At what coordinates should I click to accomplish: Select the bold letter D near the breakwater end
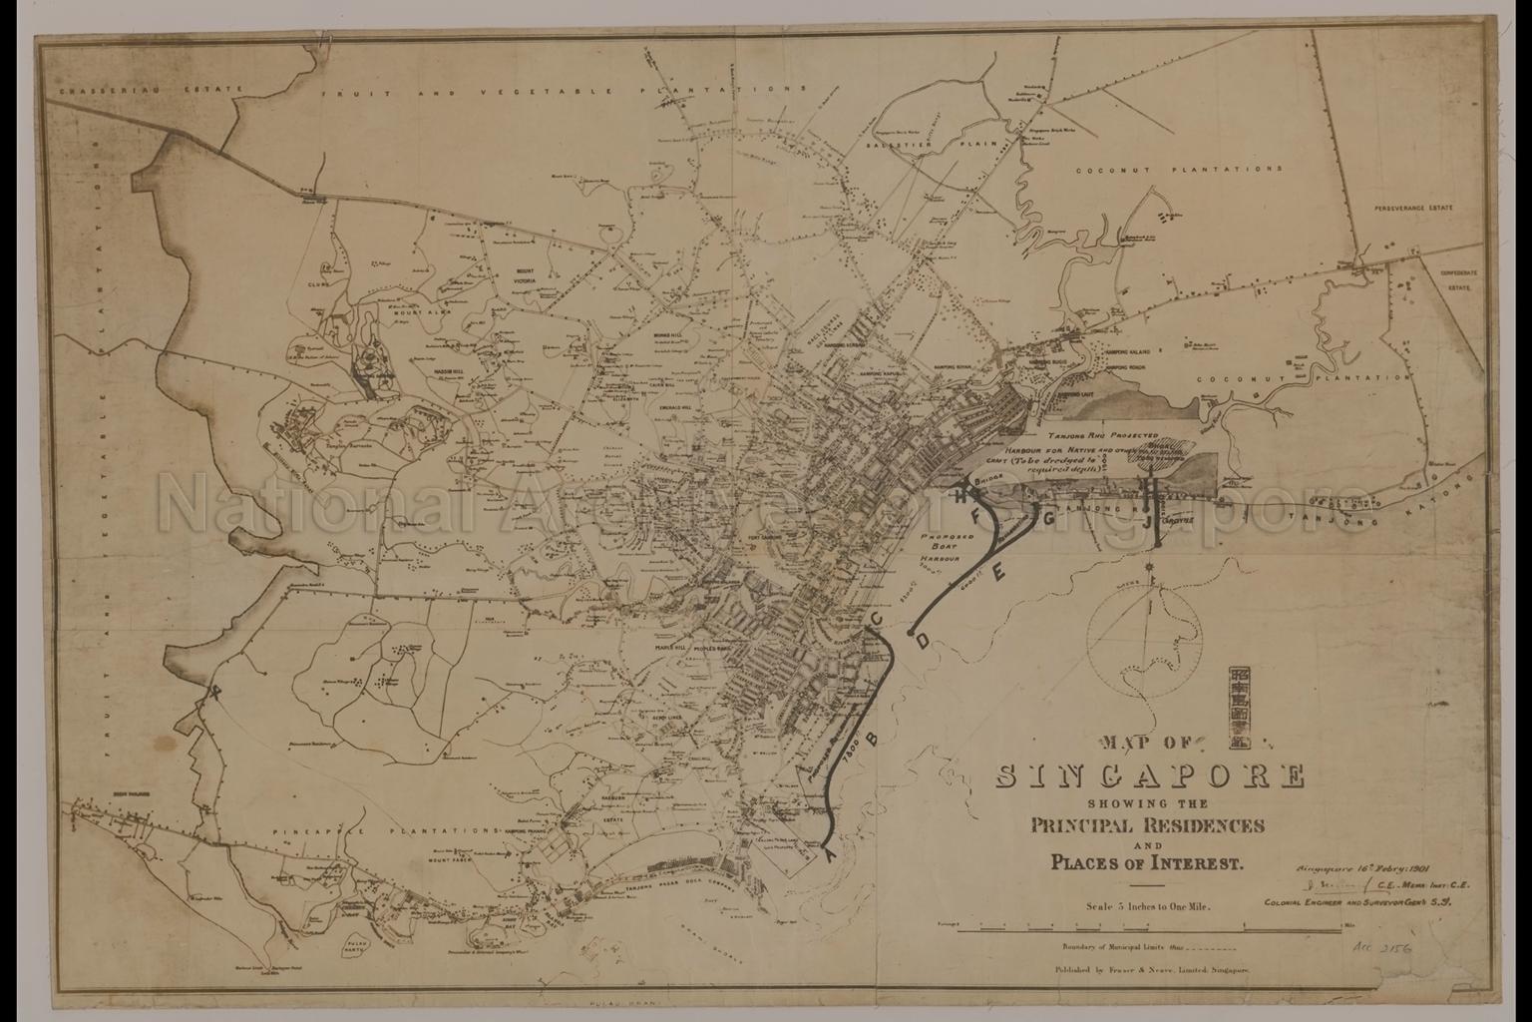point(924,639)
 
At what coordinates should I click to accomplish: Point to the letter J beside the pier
point(1147,521)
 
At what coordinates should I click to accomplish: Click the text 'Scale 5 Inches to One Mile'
point(1148,907)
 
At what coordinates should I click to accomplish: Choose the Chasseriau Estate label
point(150,90)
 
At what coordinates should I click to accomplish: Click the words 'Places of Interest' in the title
point(1146,862)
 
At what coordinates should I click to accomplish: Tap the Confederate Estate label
point(1457,278)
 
